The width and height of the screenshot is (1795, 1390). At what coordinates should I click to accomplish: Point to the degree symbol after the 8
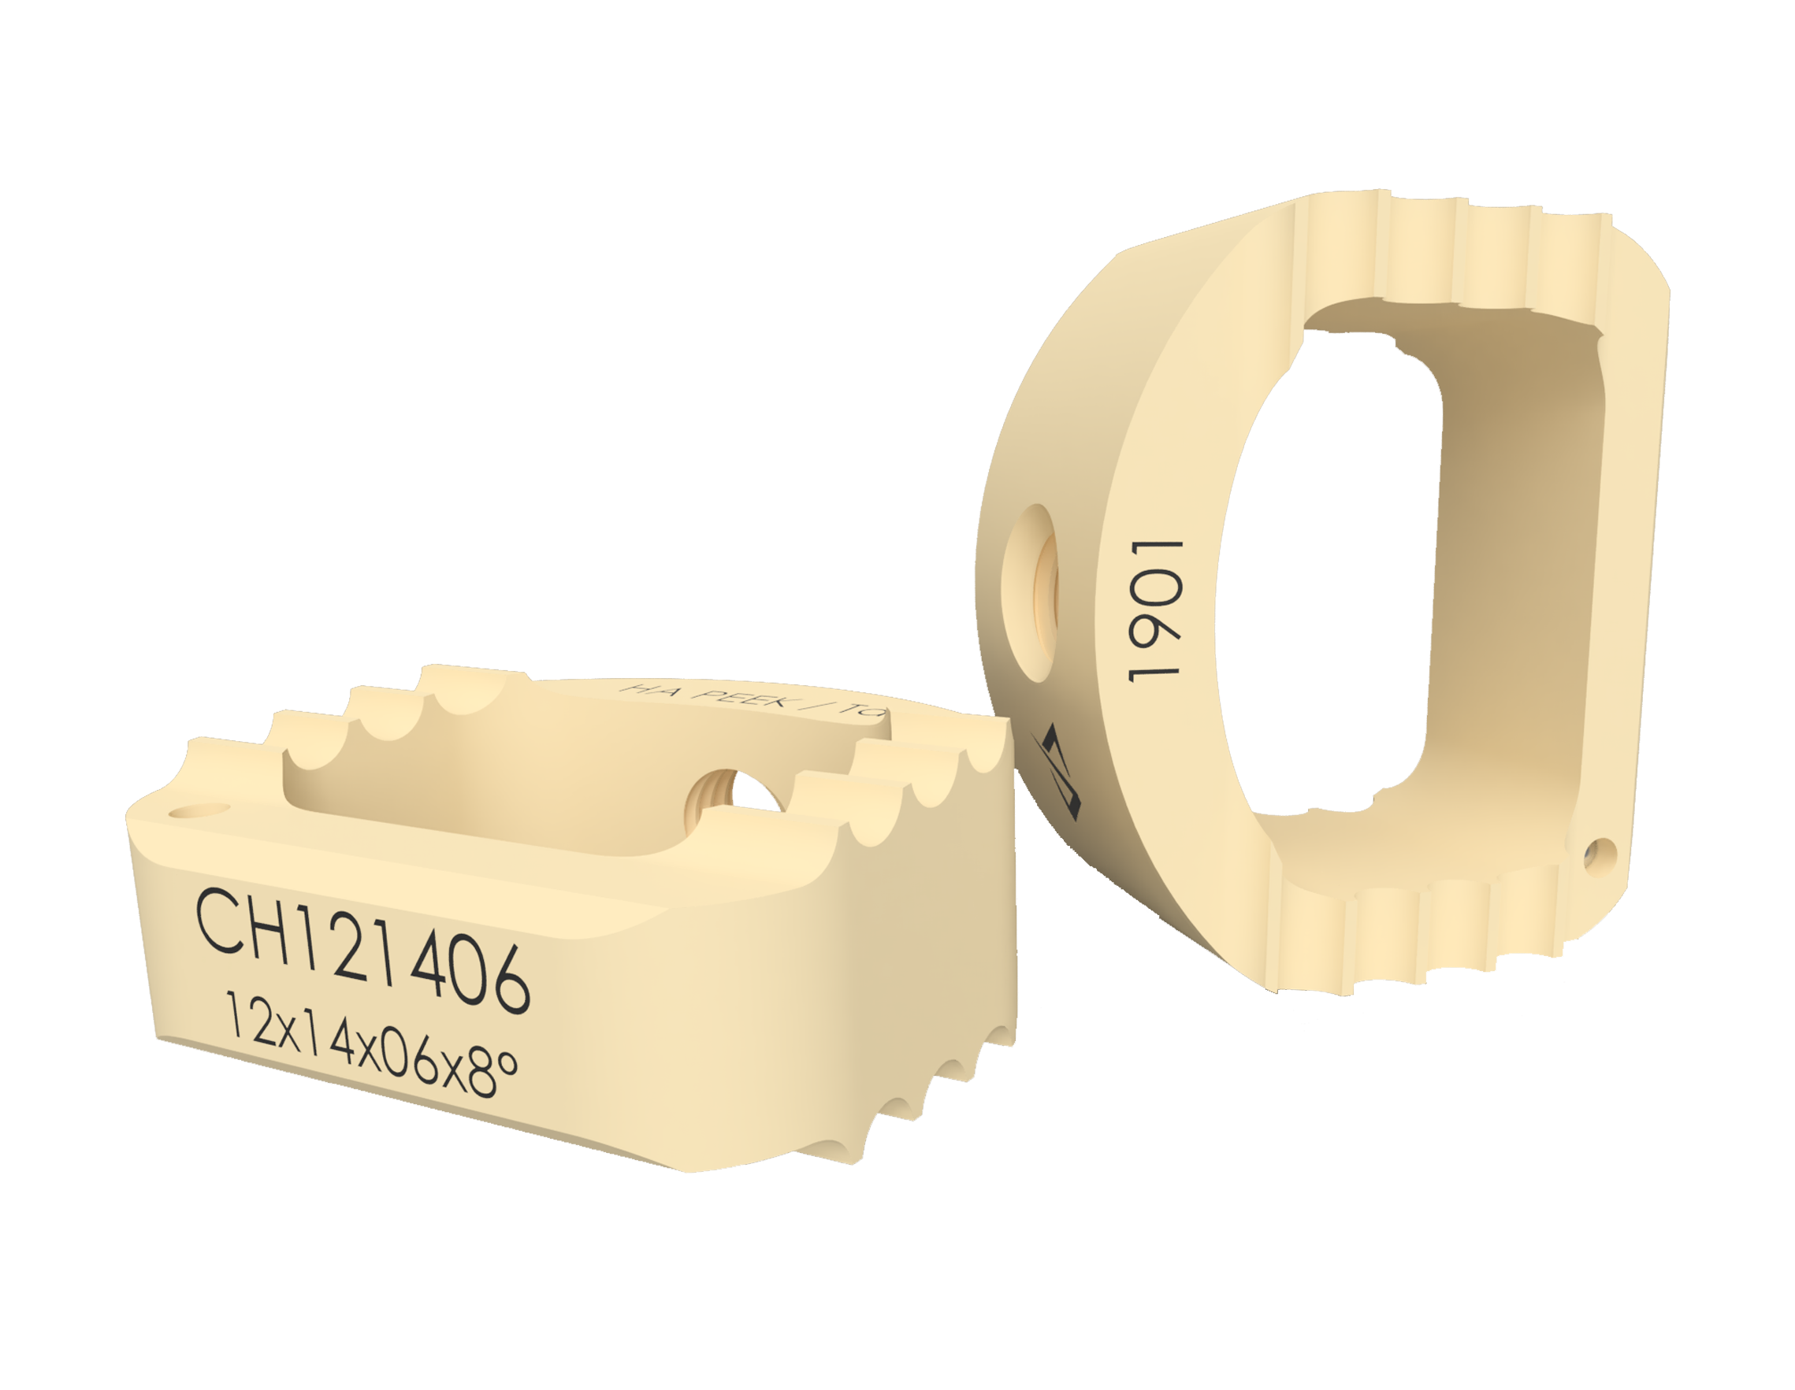pos(509,1064)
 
